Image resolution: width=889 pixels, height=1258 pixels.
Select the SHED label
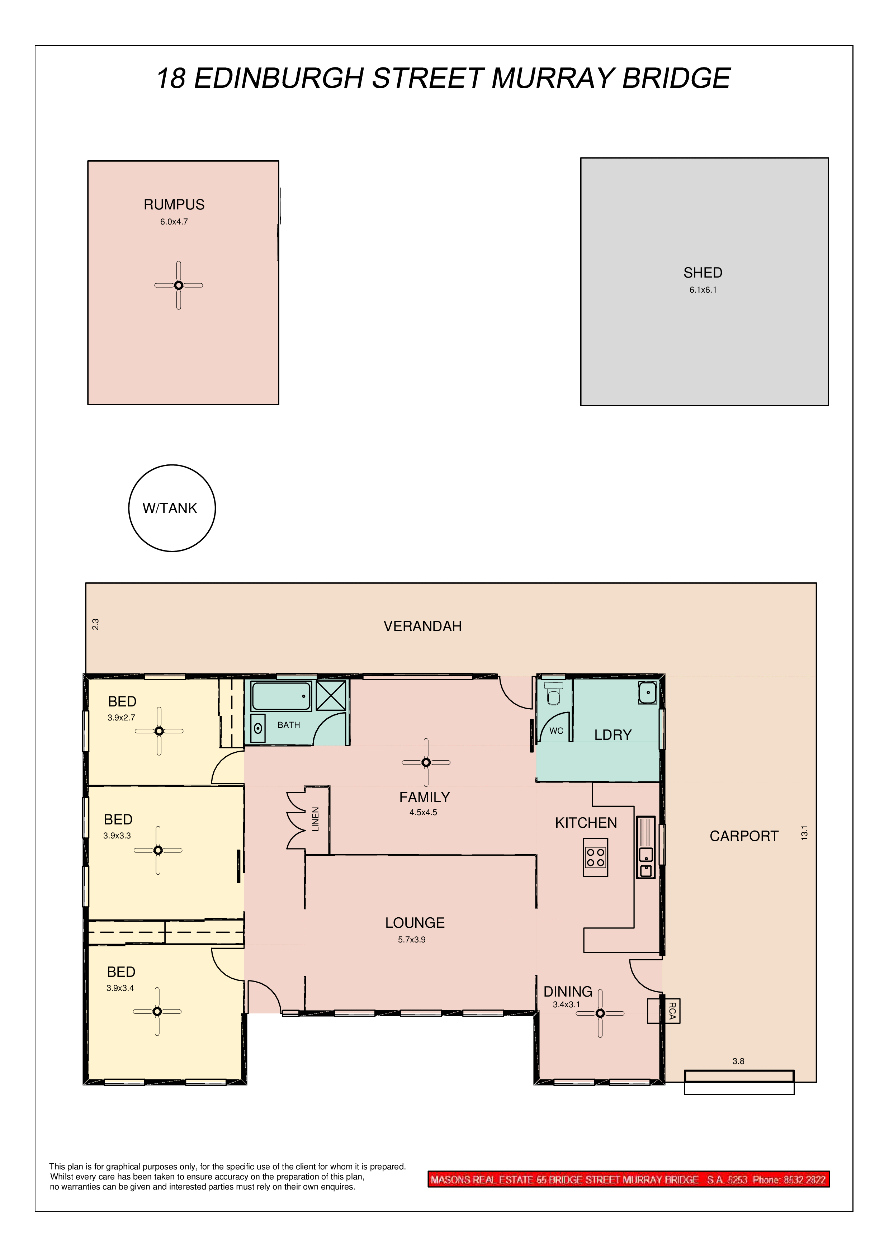click(703, 273)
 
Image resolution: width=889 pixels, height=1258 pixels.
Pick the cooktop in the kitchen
click(595, 857)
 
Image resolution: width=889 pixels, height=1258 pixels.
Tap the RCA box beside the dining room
click(663, 1011)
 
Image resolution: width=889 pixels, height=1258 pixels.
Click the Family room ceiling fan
click(426, 762)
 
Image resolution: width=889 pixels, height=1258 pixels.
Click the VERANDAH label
click(423, 626)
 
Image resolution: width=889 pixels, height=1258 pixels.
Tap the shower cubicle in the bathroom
click(331, 696)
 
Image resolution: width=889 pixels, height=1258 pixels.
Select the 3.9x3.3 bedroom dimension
click(117, 836)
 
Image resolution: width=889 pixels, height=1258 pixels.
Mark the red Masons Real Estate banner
click(628, 1180)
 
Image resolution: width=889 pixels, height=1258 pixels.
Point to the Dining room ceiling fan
click(600, 1014)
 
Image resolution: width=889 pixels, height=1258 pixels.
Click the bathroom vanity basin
click(258, 728)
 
